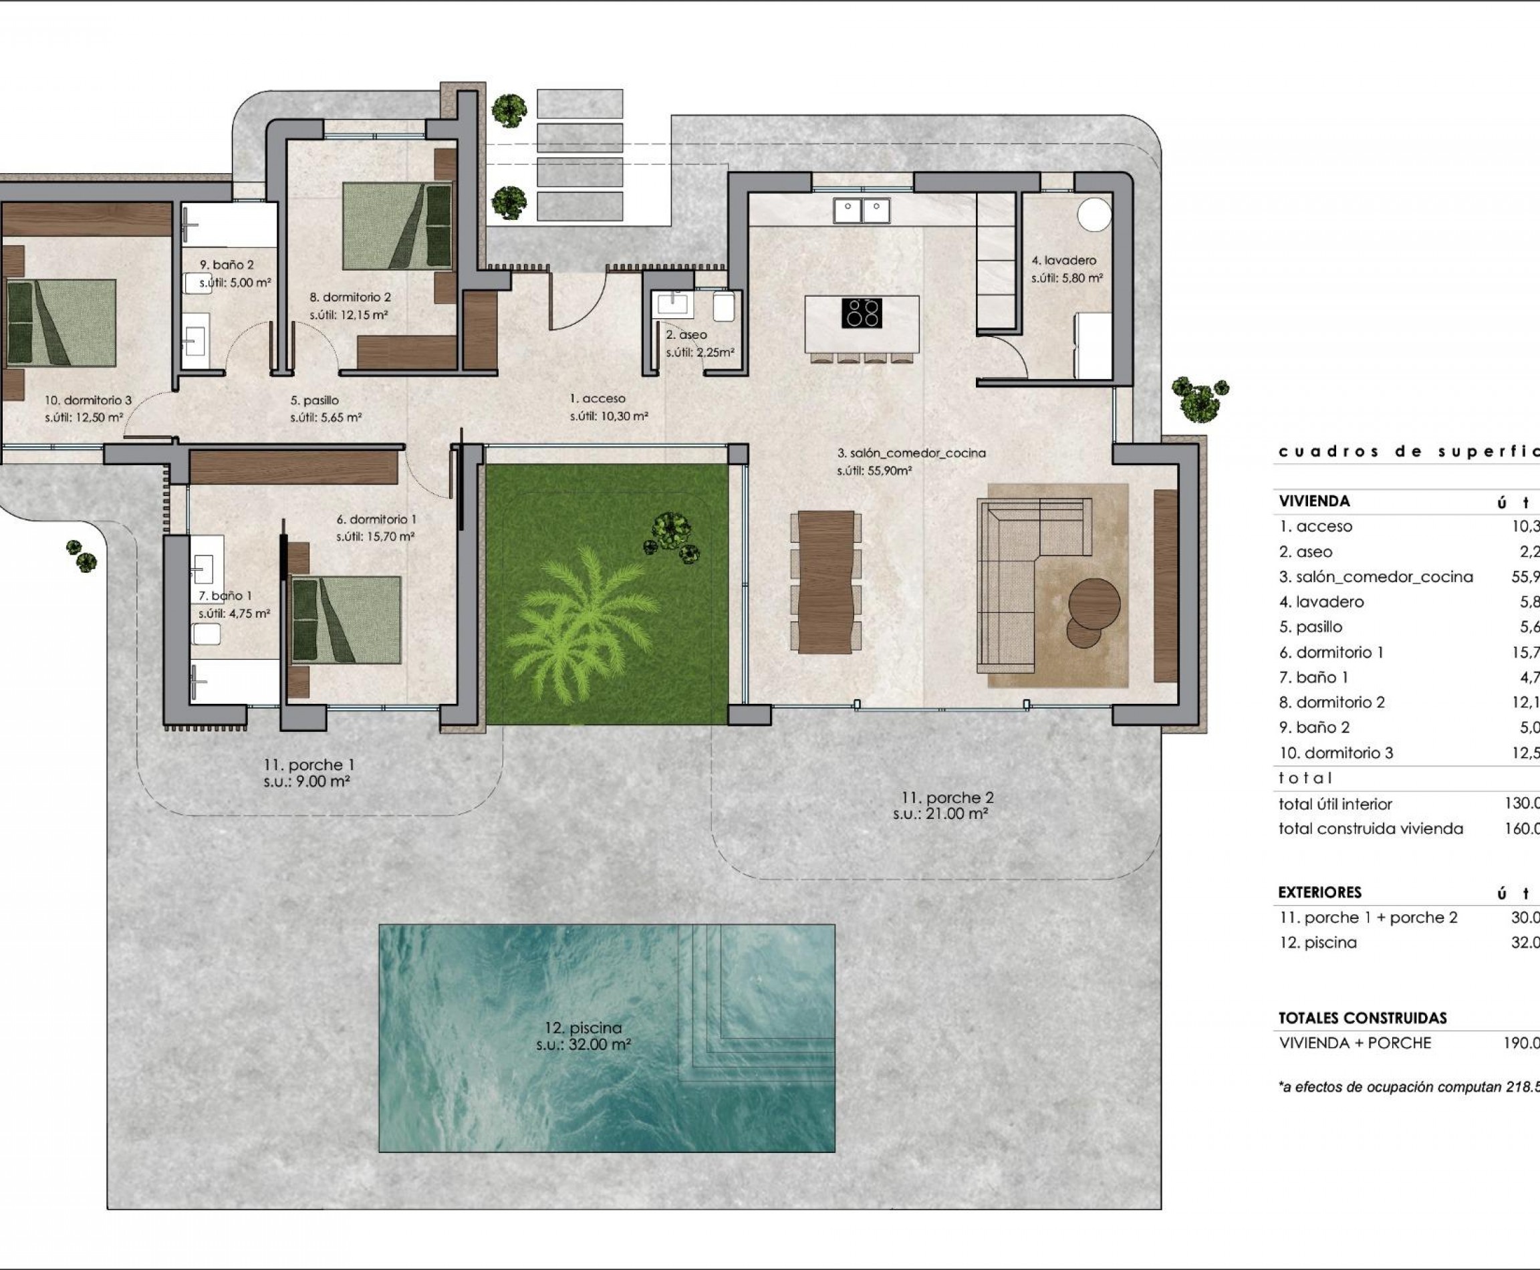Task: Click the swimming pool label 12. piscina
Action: click(582, 1028)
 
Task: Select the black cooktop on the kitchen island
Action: click(861, 313)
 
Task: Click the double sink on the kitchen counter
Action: click(861, 211)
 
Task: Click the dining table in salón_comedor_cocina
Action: click(826, 582)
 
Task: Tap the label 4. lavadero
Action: click(1063, 261)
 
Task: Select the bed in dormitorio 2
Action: click(397, 226)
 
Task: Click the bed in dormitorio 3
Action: click(61, 323)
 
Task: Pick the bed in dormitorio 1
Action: click(346, 620)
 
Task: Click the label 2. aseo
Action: click(686, 335)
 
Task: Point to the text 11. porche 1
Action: click(309, 765)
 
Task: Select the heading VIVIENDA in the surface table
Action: click(1314, 501)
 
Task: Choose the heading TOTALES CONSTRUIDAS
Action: click(1362, 1017)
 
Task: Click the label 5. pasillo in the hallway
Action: click(315, 400)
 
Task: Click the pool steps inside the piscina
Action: click(757, 1006)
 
